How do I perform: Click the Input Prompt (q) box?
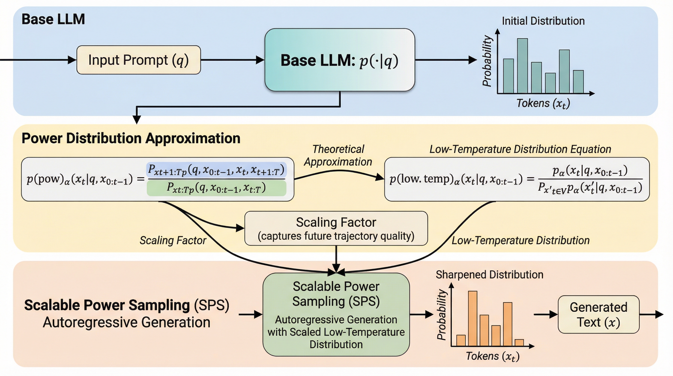click(138, 60)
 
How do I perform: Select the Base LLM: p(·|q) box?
click(340, 60)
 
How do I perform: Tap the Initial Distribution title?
click(543, 21)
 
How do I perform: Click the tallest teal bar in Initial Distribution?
click(522, 66)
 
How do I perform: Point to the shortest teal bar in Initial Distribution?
click(550, 83)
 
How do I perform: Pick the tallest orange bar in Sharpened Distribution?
click(473, 318)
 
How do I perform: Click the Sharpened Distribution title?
click(489, 275)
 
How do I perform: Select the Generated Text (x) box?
click(598, 315)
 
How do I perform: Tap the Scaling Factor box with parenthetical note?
click(336, 228)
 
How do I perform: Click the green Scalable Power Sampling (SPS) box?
click(336, 315)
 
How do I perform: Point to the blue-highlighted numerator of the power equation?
click(216, 170)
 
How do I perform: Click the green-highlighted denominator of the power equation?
click(216, 188)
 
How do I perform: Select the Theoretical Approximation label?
click(338, 156)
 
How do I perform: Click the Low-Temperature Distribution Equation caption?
click(520, 149)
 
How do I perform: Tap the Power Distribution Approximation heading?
click(131, 138)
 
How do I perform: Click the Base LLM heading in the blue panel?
click(53, 19)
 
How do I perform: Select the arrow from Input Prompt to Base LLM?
click(232, 60)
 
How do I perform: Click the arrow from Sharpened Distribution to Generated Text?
click(546, 314)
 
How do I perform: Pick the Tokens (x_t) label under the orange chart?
click(493, 356)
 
